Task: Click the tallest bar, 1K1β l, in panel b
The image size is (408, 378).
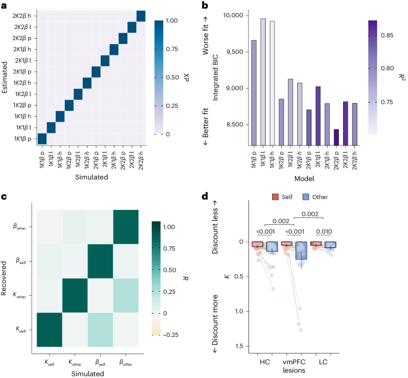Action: tap(263, 80)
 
